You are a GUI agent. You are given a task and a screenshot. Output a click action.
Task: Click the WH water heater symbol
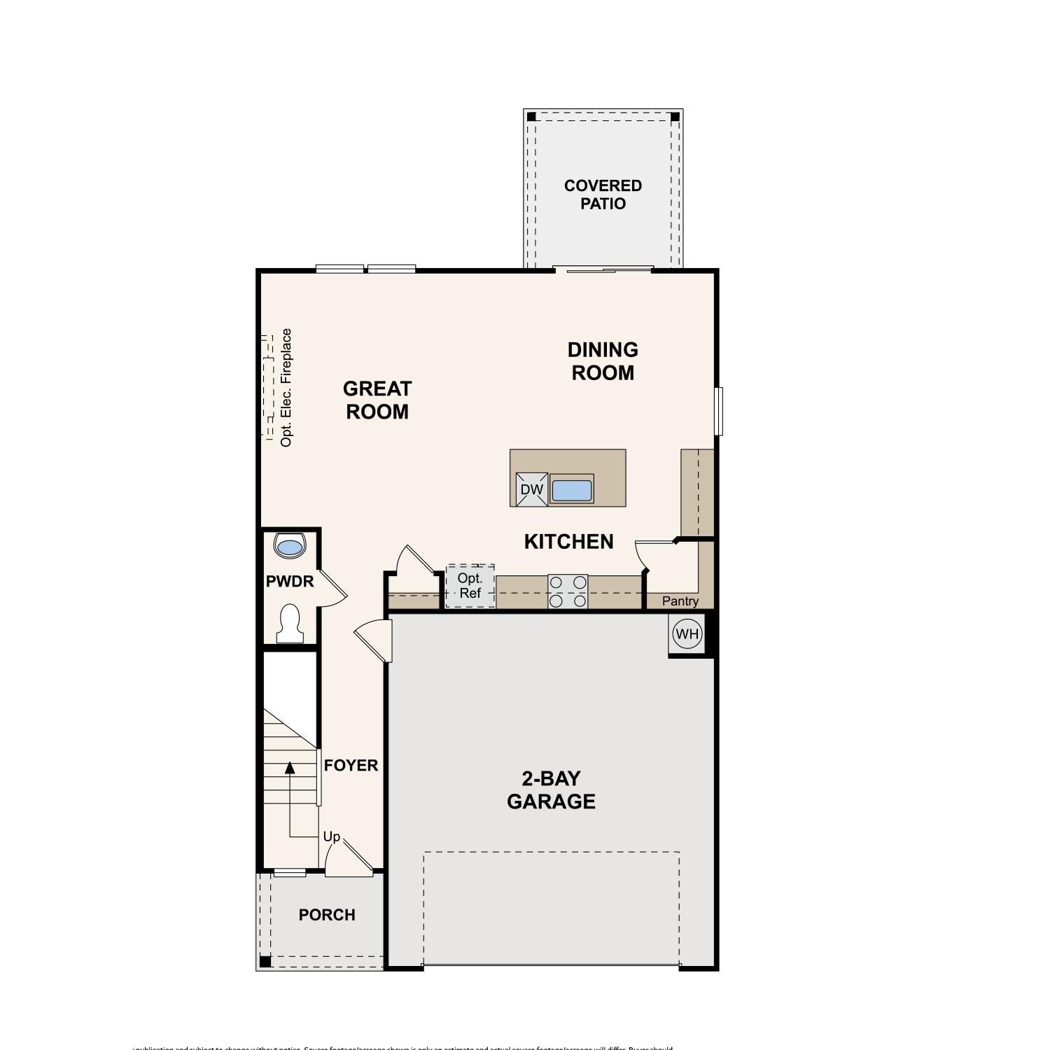[687, 634]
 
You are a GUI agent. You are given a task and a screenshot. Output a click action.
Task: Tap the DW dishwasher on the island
[531, 489]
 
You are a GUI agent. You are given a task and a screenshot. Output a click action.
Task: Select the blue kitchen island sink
[572, 490]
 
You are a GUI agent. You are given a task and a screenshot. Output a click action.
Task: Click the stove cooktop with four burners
[568, 591]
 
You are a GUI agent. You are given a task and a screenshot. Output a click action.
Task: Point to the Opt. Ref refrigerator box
[470, 586]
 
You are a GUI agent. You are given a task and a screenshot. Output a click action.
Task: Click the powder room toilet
[289, 623]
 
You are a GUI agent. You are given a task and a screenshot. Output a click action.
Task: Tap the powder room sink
[290, 545]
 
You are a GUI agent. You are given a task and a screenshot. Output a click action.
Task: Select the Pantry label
[680, 601]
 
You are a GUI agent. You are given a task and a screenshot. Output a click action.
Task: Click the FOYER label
[351, 766]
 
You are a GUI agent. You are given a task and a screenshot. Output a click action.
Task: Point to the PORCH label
[327, 915]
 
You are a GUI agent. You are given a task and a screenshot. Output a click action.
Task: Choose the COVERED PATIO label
[603, 195]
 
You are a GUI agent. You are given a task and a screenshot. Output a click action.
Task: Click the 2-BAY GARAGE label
[551, 790]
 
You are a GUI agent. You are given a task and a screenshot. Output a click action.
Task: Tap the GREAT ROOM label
[377, 400]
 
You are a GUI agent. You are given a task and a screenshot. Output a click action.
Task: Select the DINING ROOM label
[603, 361]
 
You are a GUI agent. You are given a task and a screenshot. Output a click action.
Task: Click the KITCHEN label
[568, 542]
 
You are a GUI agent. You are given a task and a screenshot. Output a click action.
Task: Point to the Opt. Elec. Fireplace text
[286, 388]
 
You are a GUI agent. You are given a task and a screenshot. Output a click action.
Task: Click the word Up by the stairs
[331, 836]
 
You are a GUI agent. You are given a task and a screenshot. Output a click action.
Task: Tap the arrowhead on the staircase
[289, 768]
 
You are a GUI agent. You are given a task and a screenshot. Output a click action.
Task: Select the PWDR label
[290, 581]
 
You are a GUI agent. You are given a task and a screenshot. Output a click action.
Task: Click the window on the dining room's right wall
[719, 411]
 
